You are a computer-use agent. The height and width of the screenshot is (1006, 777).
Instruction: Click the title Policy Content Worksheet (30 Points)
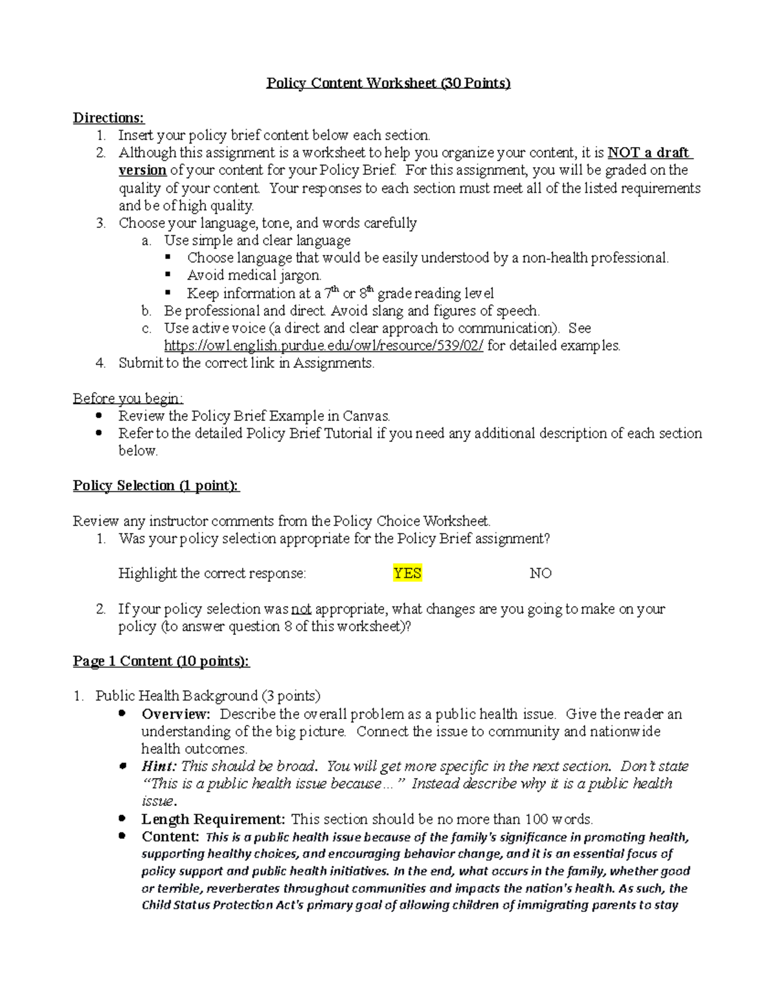point(388,83)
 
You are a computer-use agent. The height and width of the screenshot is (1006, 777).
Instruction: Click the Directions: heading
point(109,118)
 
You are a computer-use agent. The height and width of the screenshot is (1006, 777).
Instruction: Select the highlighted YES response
point(407,573)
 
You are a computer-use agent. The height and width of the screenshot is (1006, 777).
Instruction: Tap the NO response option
point(540,573)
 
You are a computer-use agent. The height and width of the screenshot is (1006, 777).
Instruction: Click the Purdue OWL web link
point(323,345)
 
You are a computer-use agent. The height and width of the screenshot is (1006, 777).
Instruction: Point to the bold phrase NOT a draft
point(649,153)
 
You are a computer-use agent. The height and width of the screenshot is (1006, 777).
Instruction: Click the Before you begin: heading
point(128,398)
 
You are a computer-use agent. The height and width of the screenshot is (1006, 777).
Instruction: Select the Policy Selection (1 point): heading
point(156,486)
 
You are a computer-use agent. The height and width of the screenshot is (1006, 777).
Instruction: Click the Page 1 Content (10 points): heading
point(161,661)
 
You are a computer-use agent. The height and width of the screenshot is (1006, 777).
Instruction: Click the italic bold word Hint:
point(159,766)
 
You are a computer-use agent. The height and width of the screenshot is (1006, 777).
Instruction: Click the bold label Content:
point(170,836)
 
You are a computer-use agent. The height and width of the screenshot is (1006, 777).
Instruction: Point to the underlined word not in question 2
point(301,609)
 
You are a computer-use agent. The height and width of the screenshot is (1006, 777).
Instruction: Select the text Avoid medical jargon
point(254,275)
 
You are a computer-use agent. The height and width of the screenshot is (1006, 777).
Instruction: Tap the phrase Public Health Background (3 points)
point(208,696)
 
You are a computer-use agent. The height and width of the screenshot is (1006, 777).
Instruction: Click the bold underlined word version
point(142,170)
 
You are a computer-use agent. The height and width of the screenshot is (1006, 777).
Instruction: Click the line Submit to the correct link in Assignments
point(246,363)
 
